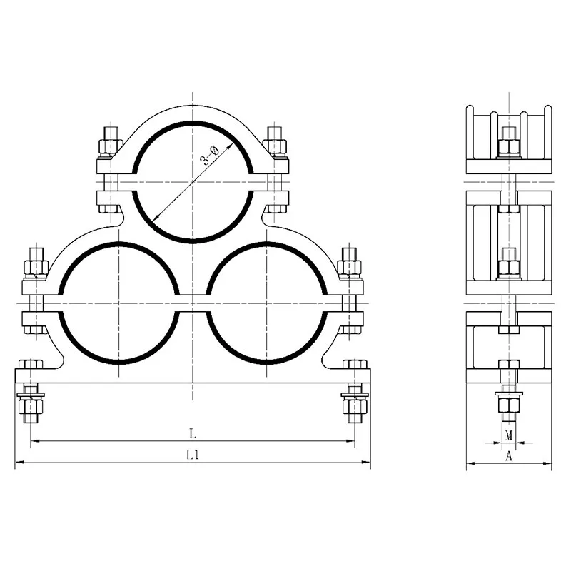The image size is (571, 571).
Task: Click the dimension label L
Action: tap(193, 433)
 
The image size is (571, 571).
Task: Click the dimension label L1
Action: tap(193, 455)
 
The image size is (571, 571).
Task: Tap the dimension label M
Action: tap(509, 435)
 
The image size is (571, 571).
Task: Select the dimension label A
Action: tap(509, 455)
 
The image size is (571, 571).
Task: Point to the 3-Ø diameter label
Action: tap(210, 156)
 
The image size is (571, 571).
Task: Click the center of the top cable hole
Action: tap(193, 182)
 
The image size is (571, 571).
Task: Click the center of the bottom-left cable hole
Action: tap(118, 303)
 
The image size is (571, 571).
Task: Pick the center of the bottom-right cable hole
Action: tap(266, 303)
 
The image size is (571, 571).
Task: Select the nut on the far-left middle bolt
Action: tap(36, 268)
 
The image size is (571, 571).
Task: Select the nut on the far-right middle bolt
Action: tap(349, 268)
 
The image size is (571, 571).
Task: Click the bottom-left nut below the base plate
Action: tap(31, 405)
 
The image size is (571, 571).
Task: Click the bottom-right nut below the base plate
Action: tap(355, 405)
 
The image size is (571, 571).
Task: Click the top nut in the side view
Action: tap(509, 146)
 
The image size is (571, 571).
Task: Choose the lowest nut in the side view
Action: tap(509, 405)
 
